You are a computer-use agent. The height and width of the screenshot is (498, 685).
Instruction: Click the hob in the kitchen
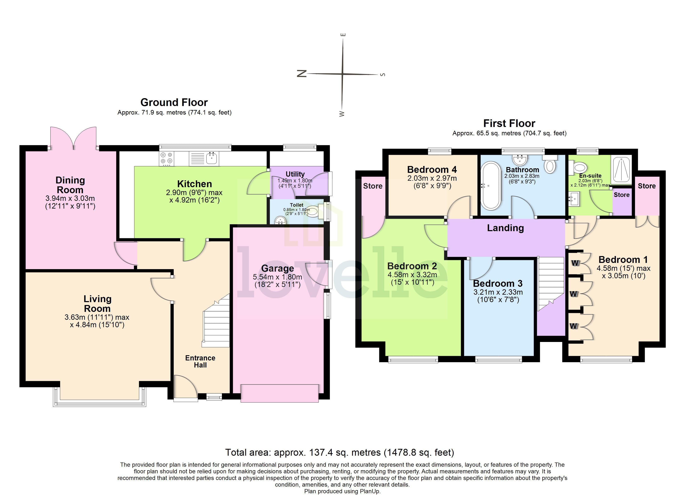point(166,158)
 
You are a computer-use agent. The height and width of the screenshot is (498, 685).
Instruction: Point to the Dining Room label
point(70,185)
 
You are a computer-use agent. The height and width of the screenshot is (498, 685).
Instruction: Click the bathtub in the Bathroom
point(491,186)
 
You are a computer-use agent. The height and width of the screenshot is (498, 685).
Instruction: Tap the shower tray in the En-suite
point(621,170)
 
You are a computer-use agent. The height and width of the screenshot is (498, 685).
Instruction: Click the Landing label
point(505,228)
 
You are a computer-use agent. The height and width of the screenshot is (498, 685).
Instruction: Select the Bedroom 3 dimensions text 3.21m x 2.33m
point(498,292)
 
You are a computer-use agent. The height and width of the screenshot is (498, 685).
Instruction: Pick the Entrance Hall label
point(200,361)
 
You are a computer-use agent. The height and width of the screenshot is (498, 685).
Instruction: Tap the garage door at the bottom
point(279,393)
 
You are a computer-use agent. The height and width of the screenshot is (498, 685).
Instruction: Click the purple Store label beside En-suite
point(621,195)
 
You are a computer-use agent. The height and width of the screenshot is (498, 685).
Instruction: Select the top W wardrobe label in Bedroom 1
point(575,263)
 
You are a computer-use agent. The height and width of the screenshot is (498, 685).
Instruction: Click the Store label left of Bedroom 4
point(373,186)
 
